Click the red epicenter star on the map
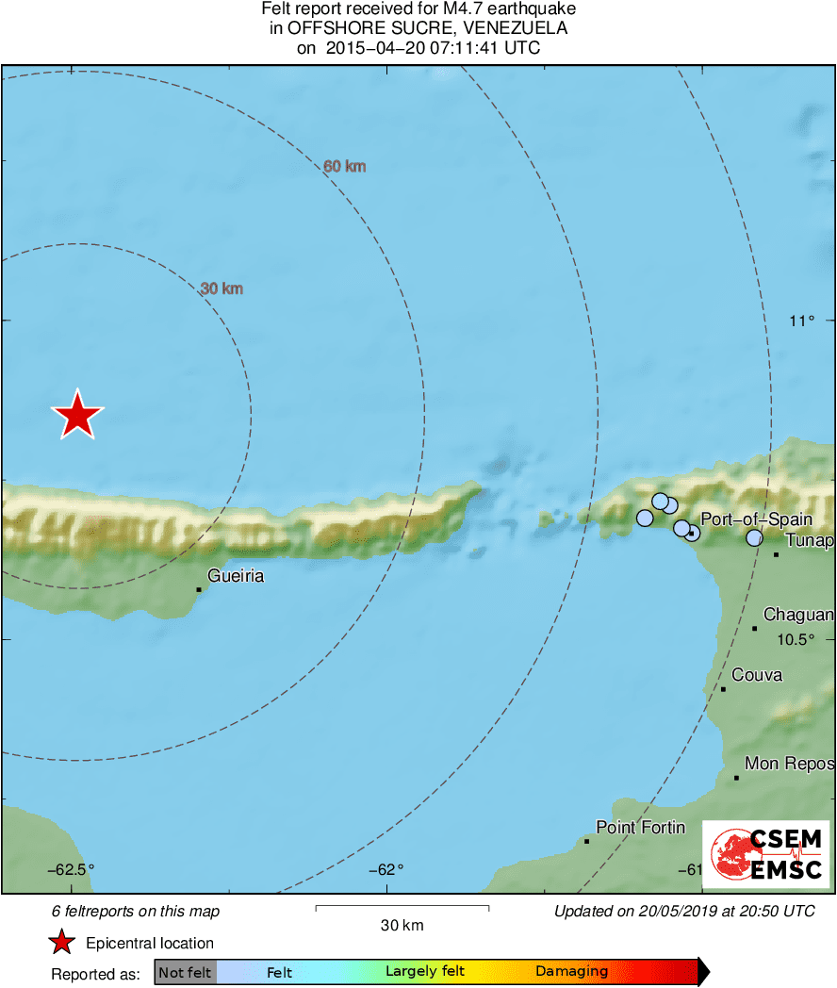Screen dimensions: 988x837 [77, 415]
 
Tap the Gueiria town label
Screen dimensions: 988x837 [235, 575]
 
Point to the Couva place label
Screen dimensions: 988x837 [757, 675]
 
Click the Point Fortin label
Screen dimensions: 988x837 [640, 827]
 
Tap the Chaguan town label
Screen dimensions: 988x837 [797, 615]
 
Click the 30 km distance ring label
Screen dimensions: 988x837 [222, 288]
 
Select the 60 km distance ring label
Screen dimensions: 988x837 [344, 167]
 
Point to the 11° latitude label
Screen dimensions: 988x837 [801, 321]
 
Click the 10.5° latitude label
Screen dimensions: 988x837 [795, 639]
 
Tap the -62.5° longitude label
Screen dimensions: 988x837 [72, 869]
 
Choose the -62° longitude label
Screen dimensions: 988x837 [386, 869]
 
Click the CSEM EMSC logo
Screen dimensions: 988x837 [765, 853]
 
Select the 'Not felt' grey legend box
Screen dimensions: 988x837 [185, 972]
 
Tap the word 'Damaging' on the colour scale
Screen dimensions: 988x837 [571, 971]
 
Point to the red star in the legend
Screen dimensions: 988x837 [62, 942]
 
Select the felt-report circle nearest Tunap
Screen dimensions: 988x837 [754, 537]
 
